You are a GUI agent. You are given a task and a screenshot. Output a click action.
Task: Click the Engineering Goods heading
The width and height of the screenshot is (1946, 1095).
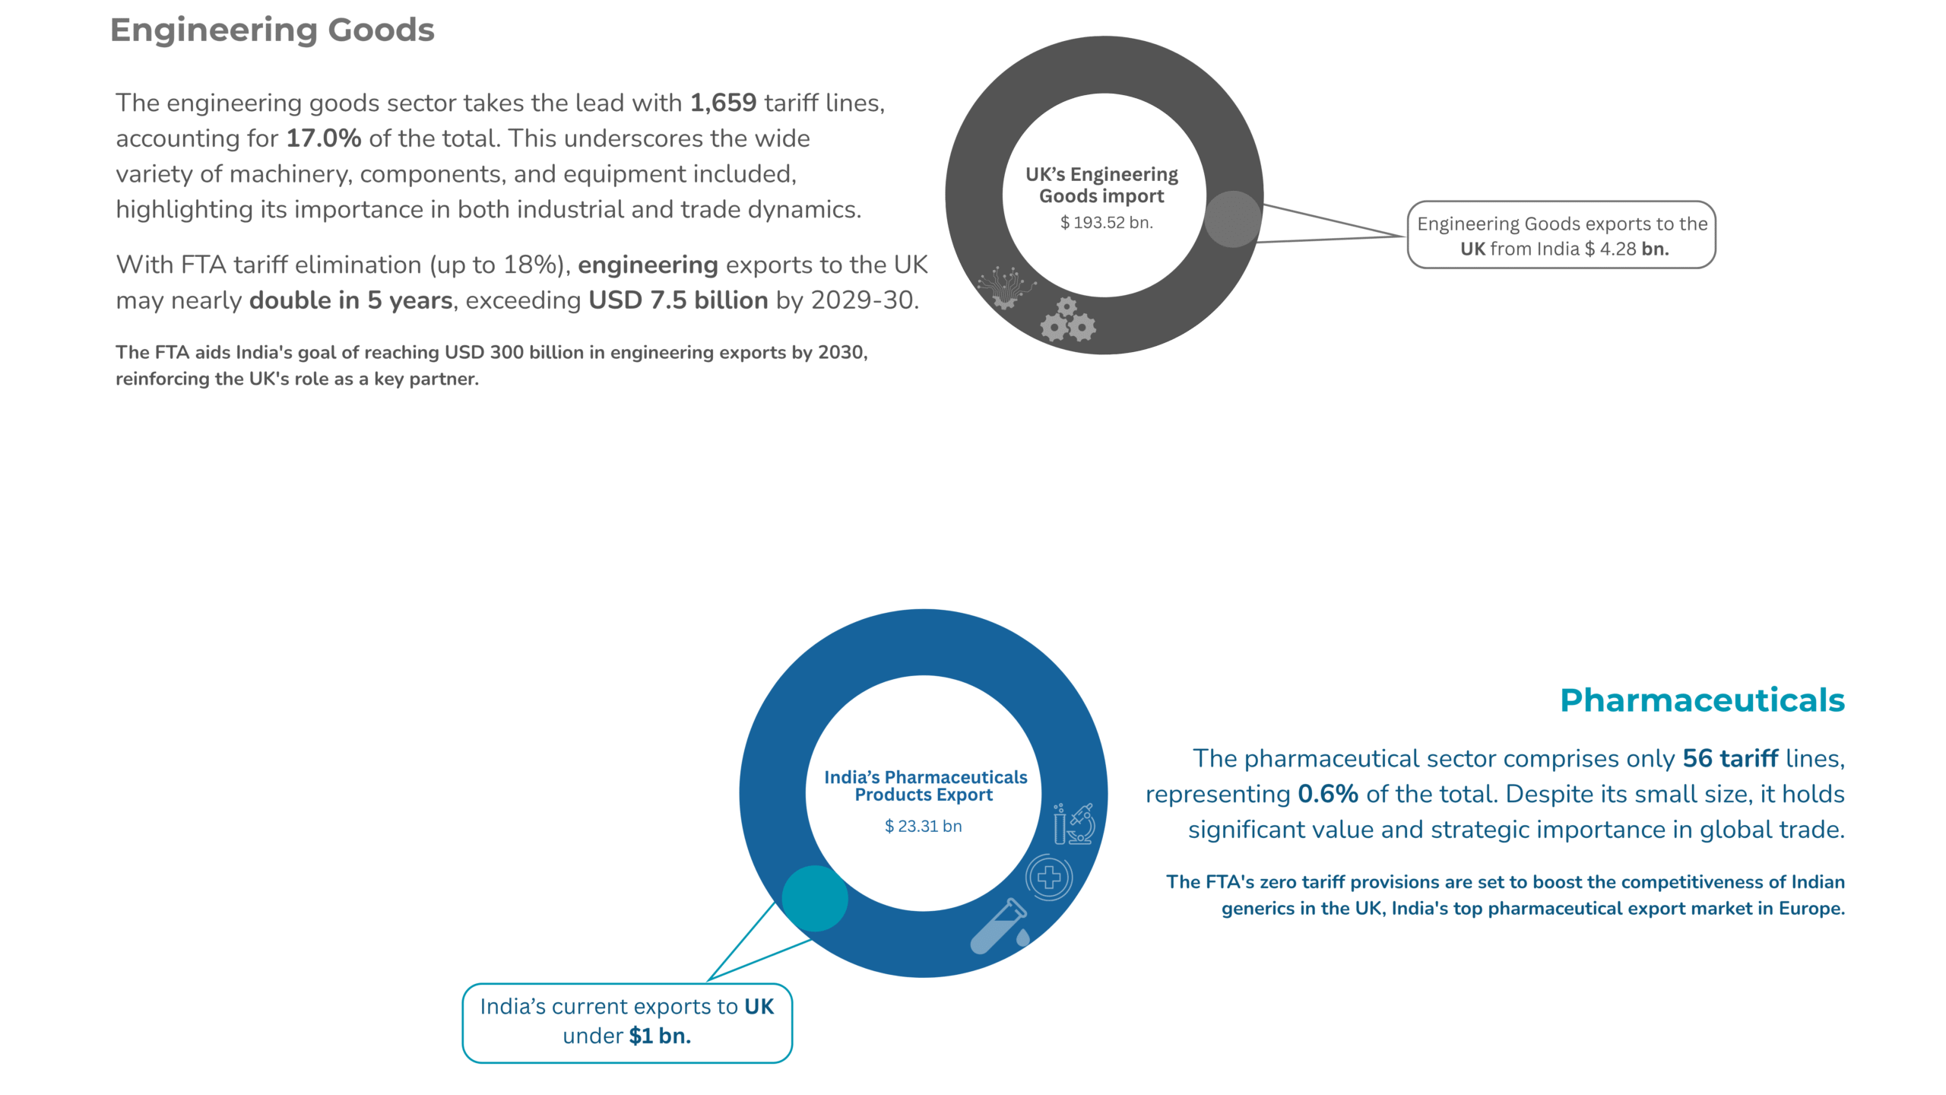(272, 30)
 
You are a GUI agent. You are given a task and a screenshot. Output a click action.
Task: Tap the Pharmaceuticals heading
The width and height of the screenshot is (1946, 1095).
(1701, 700)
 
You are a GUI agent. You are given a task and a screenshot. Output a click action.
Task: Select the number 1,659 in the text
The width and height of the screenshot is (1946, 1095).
(723, 103)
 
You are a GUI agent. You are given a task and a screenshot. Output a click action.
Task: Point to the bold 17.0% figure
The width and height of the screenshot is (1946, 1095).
(323, 138)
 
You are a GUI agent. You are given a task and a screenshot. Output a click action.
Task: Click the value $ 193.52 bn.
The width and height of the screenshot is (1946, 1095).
(1106, 223)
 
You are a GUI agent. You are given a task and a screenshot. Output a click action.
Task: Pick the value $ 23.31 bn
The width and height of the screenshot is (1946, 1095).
(923, 827)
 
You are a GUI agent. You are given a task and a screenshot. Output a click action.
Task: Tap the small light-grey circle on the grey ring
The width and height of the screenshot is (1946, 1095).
(1232, 219)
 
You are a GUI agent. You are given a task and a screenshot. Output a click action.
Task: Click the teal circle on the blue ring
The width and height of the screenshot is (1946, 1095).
(814, 898)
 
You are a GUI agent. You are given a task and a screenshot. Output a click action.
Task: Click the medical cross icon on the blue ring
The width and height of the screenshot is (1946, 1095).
(1049, 878)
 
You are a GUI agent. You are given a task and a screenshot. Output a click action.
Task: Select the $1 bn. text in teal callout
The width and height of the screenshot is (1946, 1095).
(659, 1036)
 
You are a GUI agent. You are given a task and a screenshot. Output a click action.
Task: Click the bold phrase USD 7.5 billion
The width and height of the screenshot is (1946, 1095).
(678, 301)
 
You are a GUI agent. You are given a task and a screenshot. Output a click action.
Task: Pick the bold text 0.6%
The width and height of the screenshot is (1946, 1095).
(1327, 795)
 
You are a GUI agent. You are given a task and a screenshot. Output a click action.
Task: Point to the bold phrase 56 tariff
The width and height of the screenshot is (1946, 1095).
(1730, 759)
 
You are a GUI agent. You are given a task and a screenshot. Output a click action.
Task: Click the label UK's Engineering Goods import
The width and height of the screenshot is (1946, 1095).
(1101, 186)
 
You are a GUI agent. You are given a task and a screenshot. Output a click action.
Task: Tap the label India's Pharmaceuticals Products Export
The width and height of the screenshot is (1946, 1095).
(924, 786)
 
